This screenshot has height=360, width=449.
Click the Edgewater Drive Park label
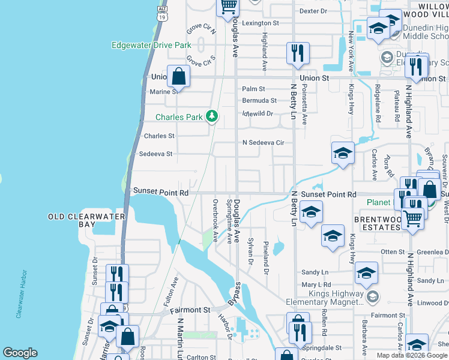tap(151, 45)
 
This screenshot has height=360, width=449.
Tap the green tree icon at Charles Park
tap(211, 116)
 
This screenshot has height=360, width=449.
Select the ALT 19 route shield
tap(161, 13)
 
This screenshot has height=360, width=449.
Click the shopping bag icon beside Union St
tap(179, 76)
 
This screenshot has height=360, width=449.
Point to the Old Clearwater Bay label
tap(87, 220)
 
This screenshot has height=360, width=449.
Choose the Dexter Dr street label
tap(312, 11)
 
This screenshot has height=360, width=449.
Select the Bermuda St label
tap(259, 101)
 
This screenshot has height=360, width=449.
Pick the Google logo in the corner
tap(20, 353)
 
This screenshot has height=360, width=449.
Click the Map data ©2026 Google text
tap(412, 355)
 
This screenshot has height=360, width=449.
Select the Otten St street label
tap(393, 252)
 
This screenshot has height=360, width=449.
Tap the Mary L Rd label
tap(316, 284)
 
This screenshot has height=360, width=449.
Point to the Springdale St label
tap(322, 347)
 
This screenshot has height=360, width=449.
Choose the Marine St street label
tap(164, 92)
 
